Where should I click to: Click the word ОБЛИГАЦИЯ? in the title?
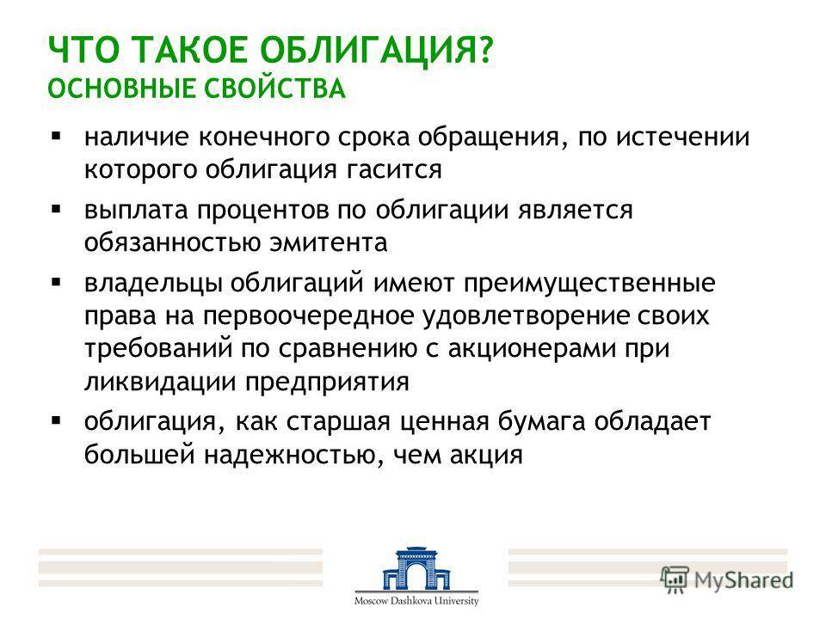tap(377, 51)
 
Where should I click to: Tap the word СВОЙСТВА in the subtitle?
tap(275, 89)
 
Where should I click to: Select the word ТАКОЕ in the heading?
tap(190, 50)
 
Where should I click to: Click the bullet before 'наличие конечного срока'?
tap(57, 137)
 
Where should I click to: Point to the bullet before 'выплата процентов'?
tap(57, 210)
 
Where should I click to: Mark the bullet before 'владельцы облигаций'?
tap(57, 283)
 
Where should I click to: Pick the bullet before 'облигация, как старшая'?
tap(57, 421)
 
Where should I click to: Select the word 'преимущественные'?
tap(589, 284)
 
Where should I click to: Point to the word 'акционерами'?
tap(532, 349)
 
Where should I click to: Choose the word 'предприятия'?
tap(327, 382)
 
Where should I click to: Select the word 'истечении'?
tap(682, 138)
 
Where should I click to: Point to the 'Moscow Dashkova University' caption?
tap(416, 601)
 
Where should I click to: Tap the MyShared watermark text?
tap(743, 580)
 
